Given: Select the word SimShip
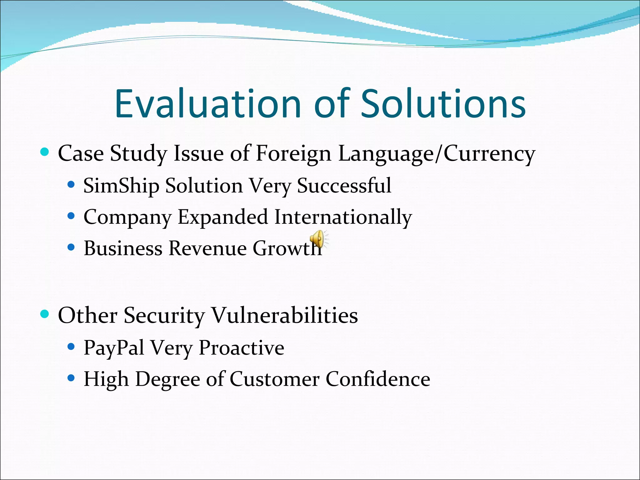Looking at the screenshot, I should point(121,186).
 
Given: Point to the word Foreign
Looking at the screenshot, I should point(293,154).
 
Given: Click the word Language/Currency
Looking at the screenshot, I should point(437,154).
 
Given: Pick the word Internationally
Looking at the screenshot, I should point(343,217).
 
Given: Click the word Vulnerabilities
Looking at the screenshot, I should point(285,315).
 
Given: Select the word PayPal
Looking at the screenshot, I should point(114,348).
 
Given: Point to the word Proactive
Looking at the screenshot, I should point(241,348).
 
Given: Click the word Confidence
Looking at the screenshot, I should point(377,379).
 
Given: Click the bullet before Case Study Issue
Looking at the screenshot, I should point(45,152).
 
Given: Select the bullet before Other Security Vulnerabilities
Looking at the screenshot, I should point(45,314).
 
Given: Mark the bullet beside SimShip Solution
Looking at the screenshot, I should point(71,185).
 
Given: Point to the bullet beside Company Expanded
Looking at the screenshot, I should point(71,216).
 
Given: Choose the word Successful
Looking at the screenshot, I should point(344,186).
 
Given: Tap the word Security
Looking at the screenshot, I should point(164,315).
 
